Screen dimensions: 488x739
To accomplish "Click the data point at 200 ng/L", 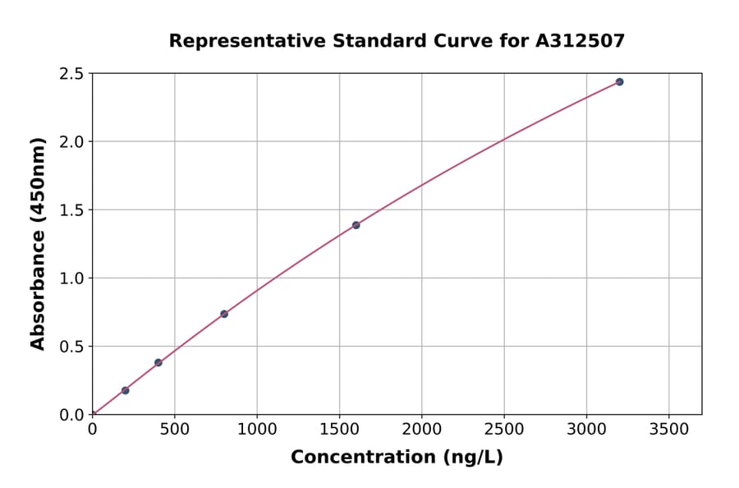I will (x=125, y=390).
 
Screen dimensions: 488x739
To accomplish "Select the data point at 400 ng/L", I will (x=158, y=362).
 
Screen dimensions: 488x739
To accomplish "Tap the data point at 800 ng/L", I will (x=224, y=314).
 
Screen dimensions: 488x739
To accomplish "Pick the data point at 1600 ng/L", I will (x=356, y=225).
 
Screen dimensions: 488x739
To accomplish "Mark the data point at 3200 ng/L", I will (x=619, y=82).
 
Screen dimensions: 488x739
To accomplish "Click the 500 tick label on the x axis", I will (x=174, y=429).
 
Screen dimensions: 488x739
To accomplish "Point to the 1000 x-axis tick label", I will (x=257, y=429).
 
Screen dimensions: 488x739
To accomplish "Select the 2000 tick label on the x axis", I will (x=421, y=429).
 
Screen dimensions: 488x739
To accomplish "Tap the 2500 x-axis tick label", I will (x=504, y=429).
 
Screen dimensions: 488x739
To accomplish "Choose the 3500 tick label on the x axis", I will (x=668, y=429).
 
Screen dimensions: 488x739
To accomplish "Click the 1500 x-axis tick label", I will (x=339, y=429).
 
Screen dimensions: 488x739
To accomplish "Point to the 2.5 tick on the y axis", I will (x=72, y=74).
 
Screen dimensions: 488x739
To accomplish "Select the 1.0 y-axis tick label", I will (x=72, y=279).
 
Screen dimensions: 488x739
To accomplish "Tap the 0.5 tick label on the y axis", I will (x=72, y=347).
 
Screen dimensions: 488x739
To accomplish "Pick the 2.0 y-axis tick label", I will (x=72, y=142).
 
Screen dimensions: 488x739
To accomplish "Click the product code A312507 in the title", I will (x=580, y=40).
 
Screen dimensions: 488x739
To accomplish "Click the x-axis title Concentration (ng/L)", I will (x=397, y=458).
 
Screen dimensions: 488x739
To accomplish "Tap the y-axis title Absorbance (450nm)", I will (x=38, y=244).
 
